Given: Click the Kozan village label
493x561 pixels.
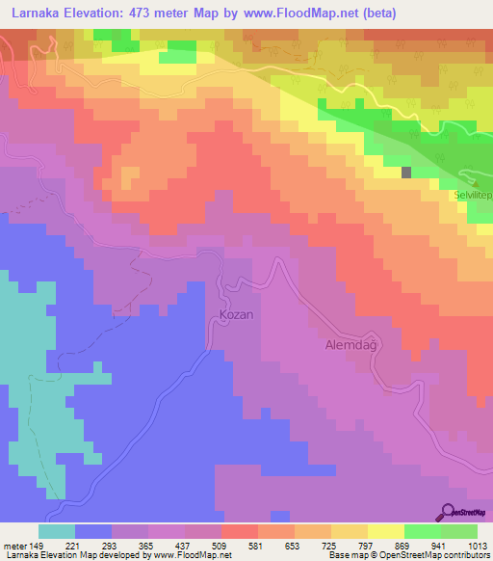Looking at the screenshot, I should (235, 315).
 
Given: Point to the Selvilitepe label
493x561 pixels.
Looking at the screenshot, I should (473, 194).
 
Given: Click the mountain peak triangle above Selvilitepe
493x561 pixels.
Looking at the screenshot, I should (474, 180).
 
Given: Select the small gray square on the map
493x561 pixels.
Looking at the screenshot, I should (406, 173).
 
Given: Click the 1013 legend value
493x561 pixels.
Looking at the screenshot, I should (475, 546).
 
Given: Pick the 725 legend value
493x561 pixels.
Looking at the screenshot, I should (329, 546).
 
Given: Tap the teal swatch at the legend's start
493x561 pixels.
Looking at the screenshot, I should (57, 531).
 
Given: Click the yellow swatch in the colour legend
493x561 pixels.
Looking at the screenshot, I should (386, 531).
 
